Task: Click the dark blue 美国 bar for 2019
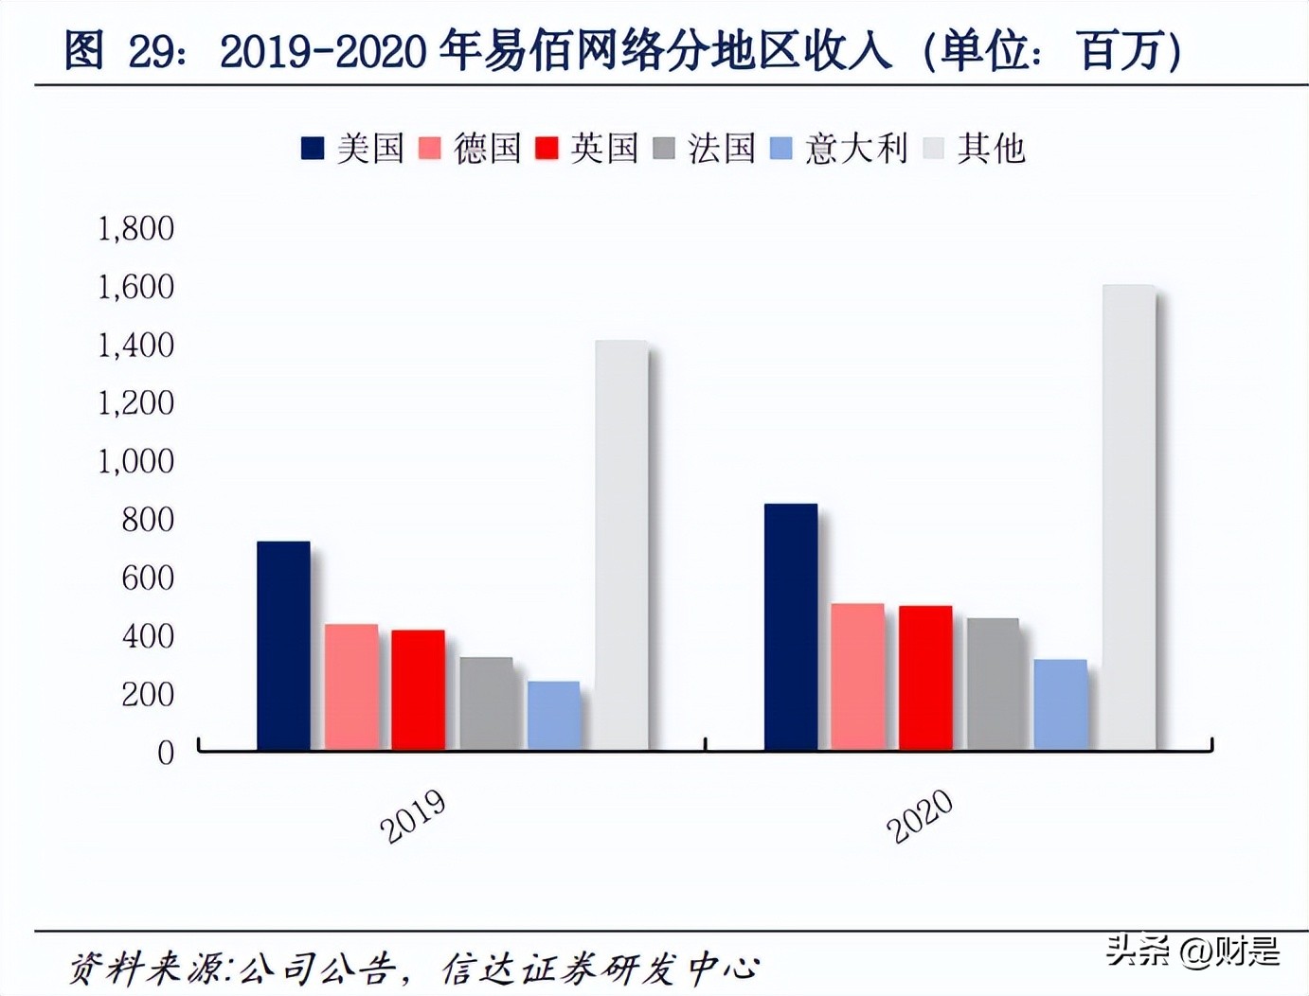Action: pos(283,646)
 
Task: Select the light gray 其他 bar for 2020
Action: pos(1128,517)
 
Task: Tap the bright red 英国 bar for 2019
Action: pos(418,690)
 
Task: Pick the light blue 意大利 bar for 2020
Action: pos(1060,704)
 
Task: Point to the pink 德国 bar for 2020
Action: pos(857,677)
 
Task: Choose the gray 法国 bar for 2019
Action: pos(486,703)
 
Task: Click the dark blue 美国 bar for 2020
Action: pos(790,627)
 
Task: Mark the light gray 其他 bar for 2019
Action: pos(621,545)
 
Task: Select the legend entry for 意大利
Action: pos(838,149)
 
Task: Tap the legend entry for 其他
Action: pos(975,149)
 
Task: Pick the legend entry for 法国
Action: pos(705,149)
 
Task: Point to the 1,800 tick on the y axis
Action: pos(136,228)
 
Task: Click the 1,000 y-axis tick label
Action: pos(136,461)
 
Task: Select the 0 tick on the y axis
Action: pos(166,753)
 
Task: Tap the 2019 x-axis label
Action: pos(413,816)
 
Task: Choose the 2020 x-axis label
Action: pos(920,816)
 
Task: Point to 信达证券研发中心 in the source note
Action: pos(601,968)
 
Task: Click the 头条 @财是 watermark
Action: pos(1192,950)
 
